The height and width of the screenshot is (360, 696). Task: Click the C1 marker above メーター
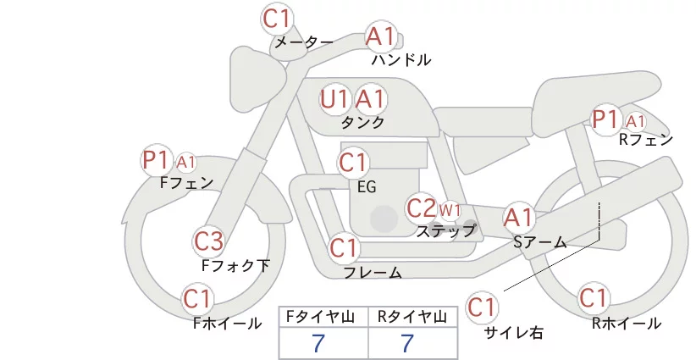point(276,19)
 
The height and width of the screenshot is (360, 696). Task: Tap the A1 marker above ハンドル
point(380,36)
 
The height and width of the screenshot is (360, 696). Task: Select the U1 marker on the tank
point(334,100)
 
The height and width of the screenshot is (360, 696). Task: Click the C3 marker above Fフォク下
point(208,242)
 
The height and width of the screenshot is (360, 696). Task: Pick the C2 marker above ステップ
point(421,208)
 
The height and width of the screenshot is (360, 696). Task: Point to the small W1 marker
point(450,210)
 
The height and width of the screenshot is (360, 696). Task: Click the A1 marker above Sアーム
point(518,219)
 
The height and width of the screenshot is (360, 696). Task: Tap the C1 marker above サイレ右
point(482,307)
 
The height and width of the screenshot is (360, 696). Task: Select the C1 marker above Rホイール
point(593,298)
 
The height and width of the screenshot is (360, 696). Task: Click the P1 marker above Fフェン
point(156,161)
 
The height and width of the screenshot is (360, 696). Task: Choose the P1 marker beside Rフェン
point(606,119)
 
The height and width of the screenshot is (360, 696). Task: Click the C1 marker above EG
point(353,163)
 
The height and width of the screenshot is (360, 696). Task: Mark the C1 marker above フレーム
point(344,247)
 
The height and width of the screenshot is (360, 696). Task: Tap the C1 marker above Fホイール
point(197,300)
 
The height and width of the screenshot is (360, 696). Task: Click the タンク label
point(362,123)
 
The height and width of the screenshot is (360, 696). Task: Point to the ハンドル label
point(401,60)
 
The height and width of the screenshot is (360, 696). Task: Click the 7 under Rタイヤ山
point(407,343)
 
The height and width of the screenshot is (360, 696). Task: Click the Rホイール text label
point(627,324)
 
